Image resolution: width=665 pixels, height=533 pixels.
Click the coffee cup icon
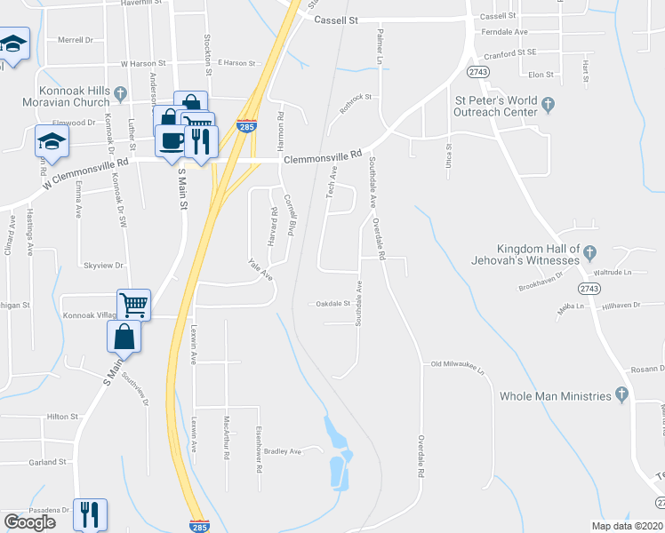pyautogui.click(x=172, y=140)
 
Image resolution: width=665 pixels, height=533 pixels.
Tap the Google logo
pyautogui.click(x=29, y=522)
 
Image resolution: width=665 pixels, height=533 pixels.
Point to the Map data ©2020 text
pyautogui.click(x=626, y=526)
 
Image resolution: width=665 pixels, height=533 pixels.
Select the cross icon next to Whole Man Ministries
pyautogui.click(x=622, y=395)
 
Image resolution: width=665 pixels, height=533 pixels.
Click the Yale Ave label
pyautogui.click(x=260, y=269)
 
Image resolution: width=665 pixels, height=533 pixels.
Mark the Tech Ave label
pyautogui.click(x=331, y=181)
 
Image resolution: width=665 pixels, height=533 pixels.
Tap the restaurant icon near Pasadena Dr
pyautogui.click(x=90, y=514)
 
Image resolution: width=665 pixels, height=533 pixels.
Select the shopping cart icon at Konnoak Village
pyautogui.click(x=133, y=305)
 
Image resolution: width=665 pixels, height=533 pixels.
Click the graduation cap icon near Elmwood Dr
pyautogui.click(x=52, y=141)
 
